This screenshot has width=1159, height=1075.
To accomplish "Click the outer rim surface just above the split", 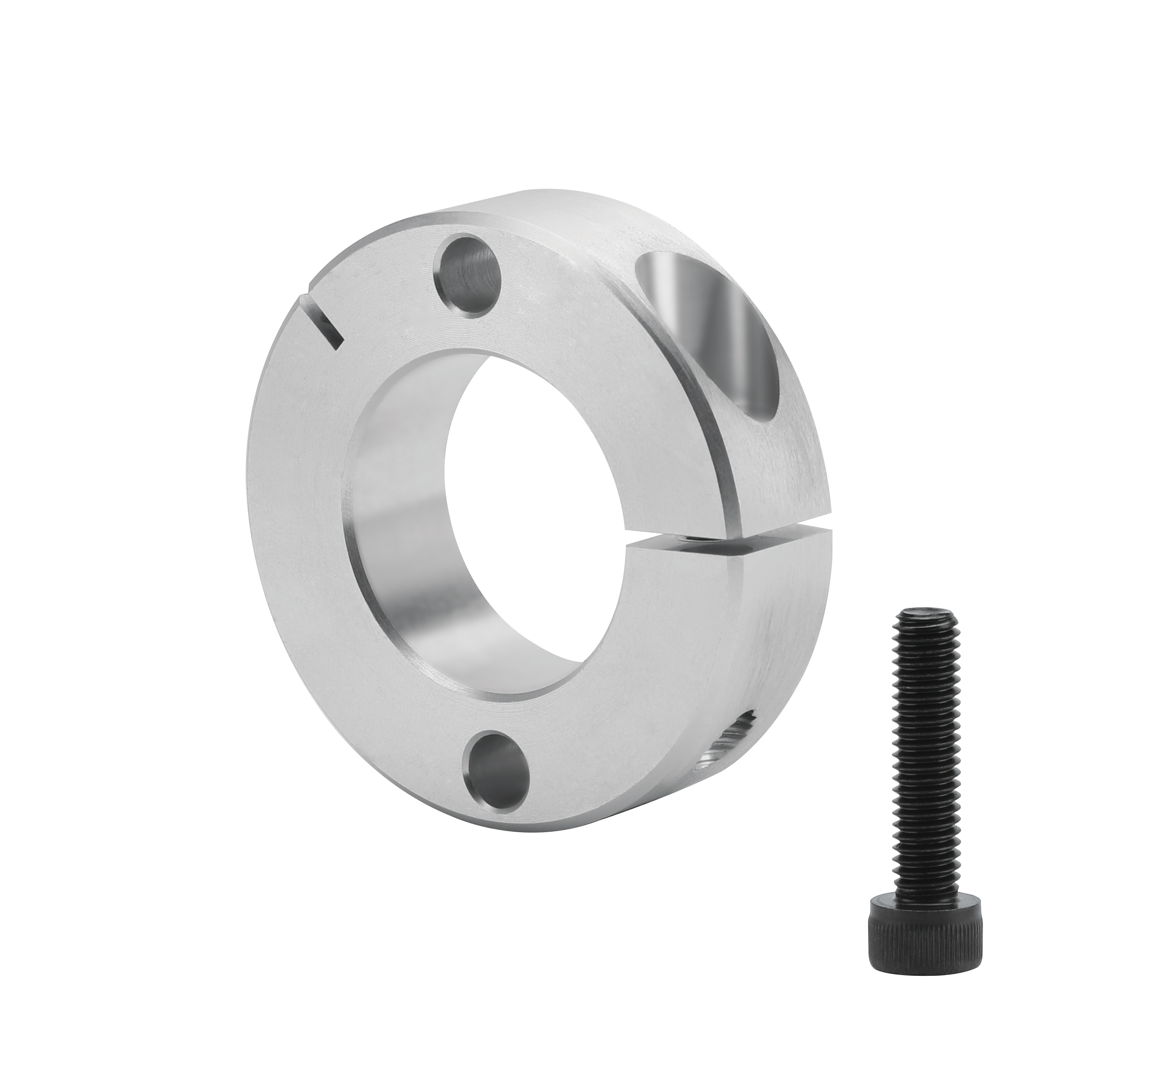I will pos(773,495).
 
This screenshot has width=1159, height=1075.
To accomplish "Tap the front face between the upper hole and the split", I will pos(582,326).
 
